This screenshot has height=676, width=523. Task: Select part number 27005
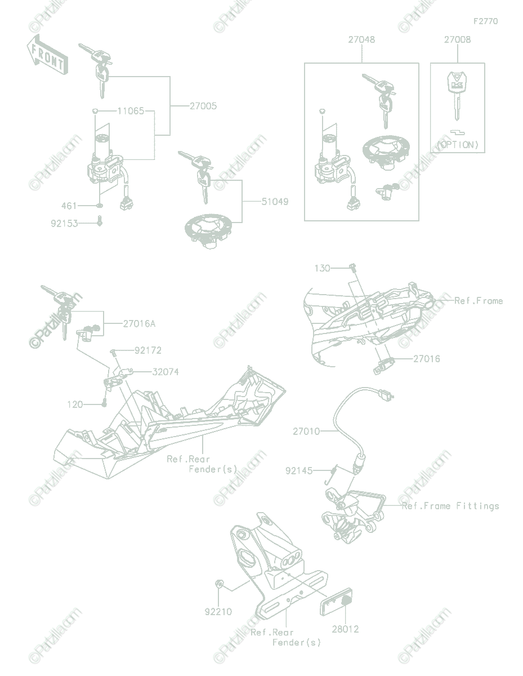(203, 106)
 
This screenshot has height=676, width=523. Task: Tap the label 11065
(131, 111)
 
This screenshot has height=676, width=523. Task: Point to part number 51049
(275, 202)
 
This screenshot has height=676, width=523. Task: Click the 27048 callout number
(361, 39)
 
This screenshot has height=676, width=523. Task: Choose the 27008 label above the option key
(457, 39)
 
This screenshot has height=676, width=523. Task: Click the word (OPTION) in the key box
(457, 145)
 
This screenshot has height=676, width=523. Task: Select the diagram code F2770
(486, 21)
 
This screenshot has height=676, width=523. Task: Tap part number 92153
(64, 224)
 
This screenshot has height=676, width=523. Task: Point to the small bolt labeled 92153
(100, 221)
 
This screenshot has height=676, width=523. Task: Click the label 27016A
(139, 324)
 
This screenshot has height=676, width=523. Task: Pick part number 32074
(166, 372)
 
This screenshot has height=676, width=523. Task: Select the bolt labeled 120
(104, 402)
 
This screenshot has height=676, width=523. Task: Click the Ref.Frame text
(479, 300)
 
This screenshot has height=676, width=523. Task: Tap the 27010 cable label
(306, 431)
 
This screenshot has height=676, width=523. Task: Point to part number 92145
(299, 471)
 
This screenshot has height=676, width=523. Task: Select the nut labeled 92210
(219, 584)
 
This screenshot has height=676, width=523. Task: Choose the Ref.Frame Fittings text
(450, 506)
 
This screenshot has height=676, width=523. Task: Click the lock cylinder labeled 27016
(383, 366)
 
